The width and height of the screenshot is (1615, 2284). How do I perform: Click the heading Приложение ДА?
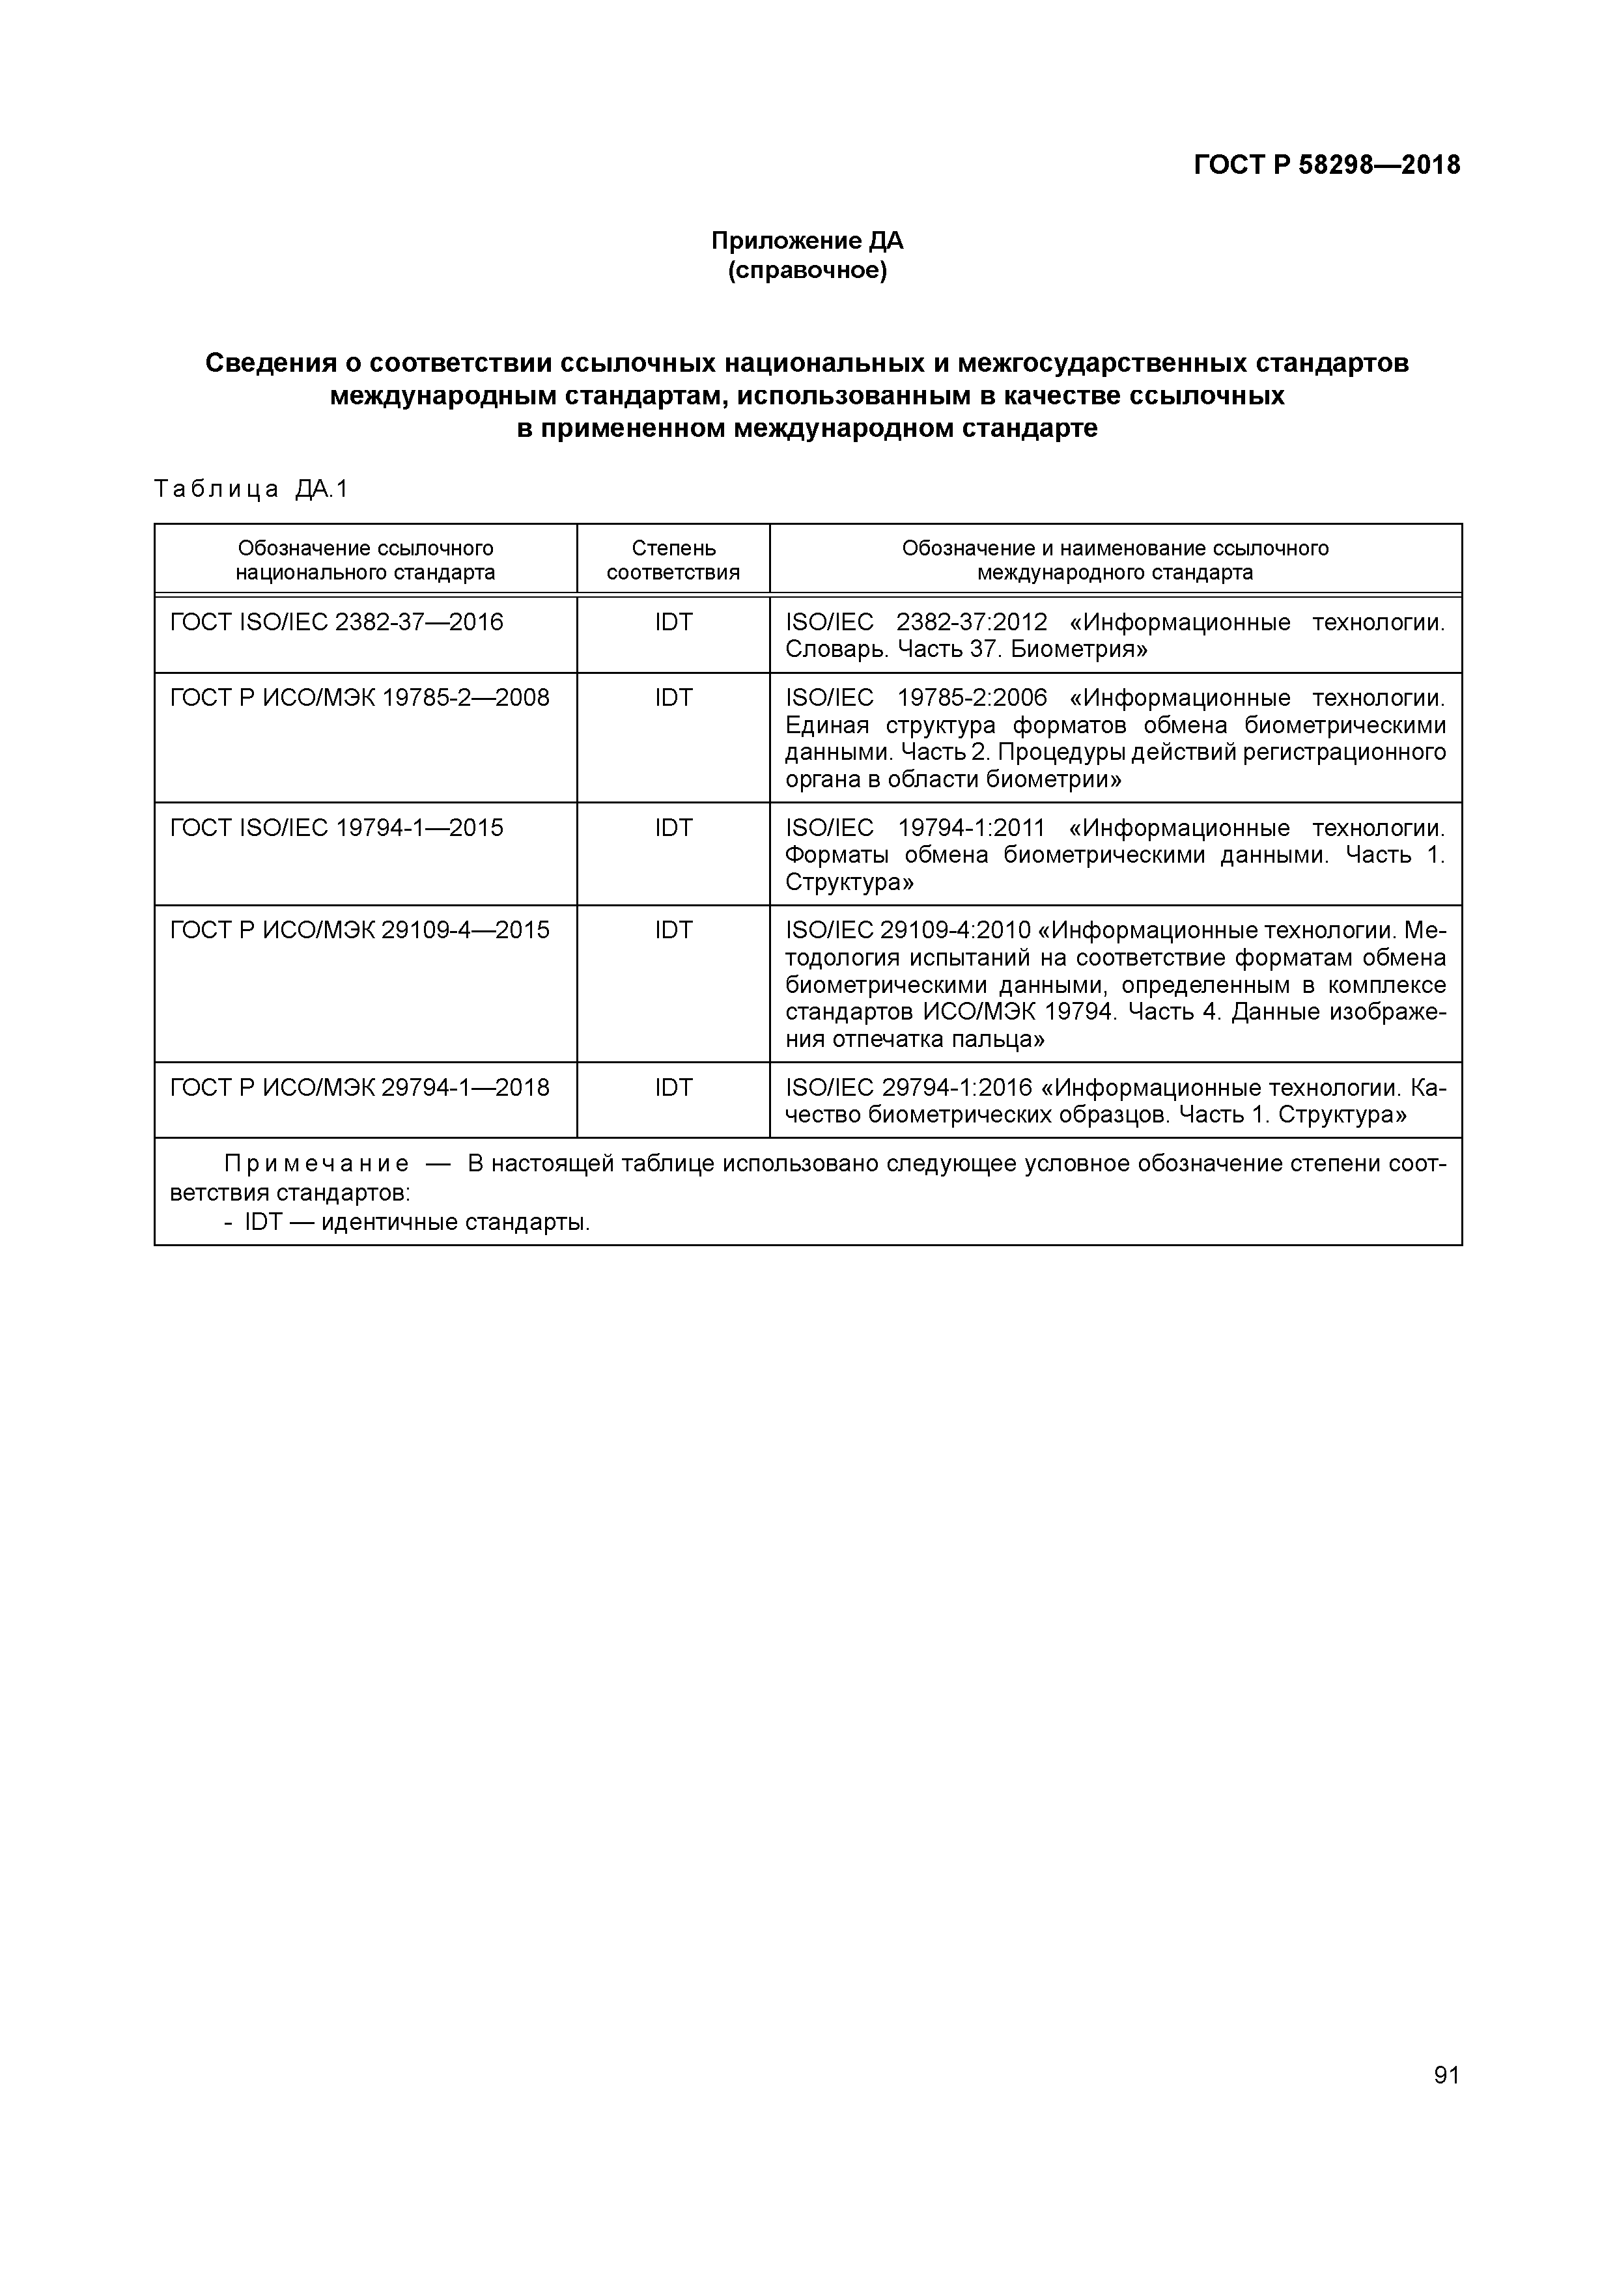[807, 241]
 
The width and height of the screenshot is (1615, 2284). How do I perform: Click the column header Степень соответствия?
[673, 560]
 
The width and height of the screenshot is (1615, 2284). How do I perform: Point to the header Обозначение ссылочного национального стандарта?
[365, 560]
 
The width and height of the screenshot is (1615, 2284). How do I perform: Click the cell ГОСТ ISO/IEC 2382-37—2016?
[337, 622]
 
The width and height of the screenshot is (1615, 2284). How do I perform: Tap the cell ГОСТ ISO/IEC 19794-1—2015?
[337, 828]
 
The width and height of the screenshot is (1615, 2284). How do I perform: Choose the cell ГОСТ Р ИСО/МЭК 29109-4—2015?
[360, 930]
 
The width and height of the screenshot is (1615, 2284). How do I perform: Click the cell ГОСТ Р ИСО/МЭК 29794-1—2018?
[360, 1087]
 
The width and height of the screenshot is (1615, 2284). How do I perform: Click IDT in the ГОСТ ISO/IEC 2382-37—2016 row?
[673, 622]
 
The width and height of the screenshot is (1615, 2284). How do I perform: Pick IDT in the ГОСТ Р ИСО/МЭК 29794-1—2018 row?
[673, 1087]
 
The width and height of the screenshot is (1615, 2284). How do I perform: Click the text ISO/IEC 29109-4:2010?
[908, 930]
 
